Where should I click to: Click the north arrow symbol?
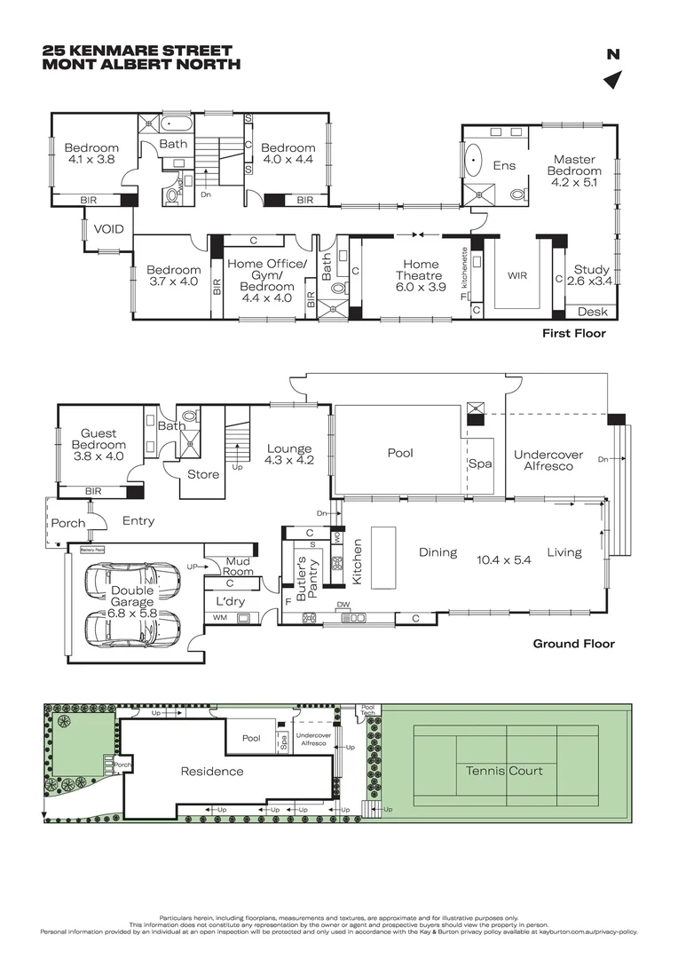click(x=611, y=81)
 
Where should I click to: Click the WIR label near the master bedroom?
click(x=516, y=275)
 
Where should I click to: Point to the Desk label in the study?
click(x=592, y=312)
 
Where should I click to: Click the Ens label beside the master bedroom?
click(x=504, y=165)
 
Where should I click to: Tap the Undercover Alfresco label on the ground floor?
click(x=548, y=460)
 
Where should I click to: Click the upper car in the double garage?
click(x=131, y=582)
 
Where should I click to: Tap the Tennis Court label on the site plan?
click(x=504, y=770)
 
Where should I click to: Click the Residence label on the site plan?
click(x=211, y=771)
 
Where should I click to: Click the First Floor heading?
click(x=573, y=334)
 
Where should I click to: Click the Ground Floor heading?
click(x=572, y=644)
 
